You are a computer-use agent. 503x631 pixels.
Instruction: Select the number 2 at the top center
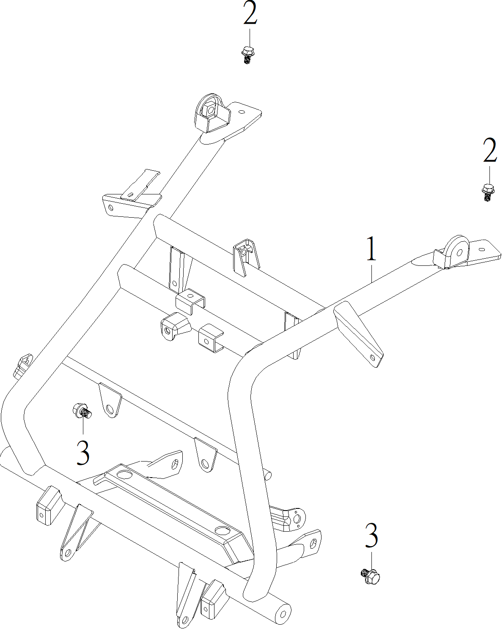pos(250,13)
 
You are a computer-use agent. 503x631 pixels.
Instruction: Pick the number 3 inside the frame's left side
pos(83,452)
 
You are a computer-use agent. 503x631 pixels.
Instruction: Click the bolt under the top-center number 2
pos(247,55)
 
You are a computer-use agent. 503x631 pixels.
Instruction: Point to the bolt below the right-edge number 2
pos(488,192)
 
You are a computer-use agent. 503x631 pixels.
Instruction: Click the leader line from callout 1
pos(372,273)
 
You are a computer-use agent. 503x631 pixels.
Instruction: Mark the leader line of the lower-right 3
pos(372,560)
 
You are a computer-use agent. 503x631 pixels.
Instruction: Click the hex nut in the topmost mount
pos(210,110)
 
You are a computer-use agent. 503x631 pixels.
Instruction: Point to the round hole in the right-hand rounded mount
pos(459,252)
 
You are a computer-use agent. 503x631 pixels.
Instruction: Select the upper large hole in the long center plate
pos(125,474)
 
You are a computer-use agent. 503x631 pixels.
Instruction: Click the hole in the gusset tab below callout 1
pos(373,358)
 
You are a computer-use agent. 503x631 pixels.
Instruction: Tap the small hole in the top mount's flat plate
pos(242,112)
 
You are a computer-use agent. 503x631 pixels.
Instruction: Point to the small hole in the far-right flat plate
pos(481,249)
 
